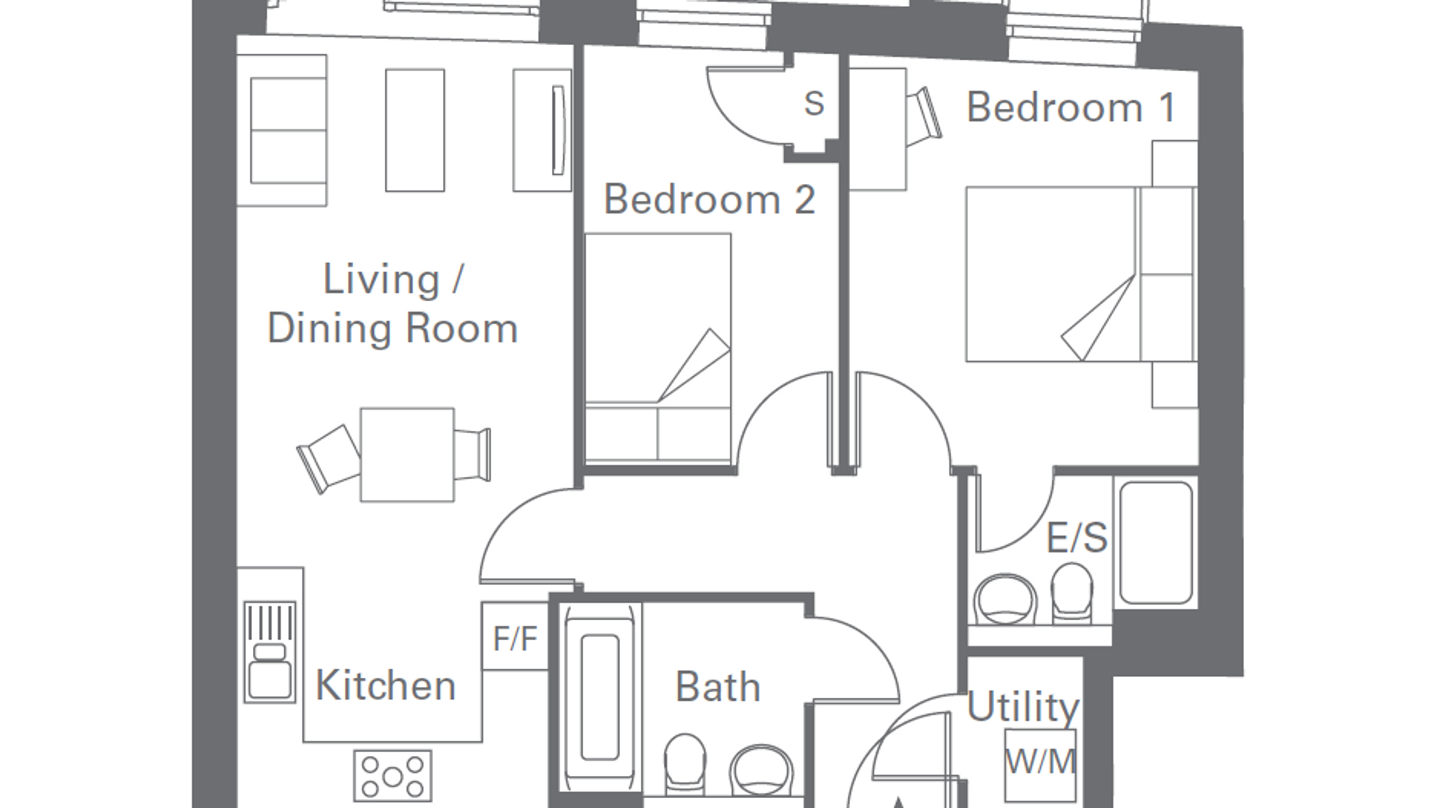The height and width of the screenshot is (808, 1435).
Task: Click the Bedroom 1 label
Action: click(x=1071, y=107)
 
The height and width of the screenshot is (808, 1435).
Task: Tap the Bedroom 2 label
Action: click(x=710, y=199)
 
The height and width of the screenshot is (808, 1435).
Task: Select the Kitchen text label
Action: click(x=385, y=685)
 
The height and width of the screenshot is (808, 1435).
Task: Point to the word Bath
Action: click(x=717, y=687)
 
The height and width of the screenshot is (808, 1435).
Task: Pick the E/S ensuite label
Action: click(x=1077, y=538)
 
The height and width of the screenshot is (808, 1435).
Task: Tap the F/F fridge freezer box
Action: click(x=515, y=636)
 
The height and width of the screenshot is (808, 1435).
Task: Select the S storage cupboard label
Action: click(x=814, y=104)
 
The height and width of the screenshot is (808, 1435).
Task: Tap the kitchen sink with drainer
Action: click(x=270, y=651)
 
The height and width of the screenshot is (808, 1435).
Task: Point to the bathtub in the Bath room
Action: click(x=600, y=697)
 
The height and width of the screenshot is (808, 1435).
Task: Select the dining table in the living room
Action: click(x=407, y=455)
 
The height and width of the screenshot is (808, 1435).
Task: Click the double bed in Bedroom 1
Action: click(x=1081, y=274)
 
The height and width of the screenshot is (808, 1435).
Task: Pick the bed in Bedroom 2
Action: click(x=658, y=349)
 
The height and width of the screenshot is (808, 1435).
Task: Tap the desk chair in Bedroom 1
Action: click(x=924, y=117)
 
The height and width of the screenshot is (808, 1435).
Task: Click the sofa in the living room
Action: click(x=282, y=130)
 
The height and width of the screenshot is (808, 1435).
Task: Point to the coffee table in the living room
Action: click(x=415, y=130)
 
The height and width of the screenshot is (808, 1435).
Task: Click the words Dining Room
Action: click(x=393, y=329)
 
